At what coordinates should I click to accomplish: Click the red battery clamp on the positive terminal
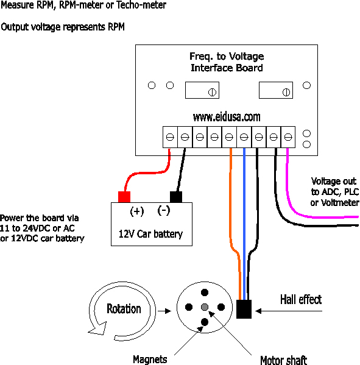click(x=124, y=197)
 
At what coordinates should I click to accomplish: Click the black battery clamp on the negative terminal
click(x=176, y=197)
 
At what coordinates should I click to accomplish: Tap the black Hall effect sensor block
click(x=244, y=309)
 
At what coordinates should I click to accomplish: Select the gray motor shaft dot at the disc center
click(x=205, y=307)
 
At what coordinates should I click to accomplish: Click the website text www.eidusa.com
click(x=227, y=117)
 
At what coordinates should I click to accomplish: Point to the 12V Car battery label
click(x=150, y=234)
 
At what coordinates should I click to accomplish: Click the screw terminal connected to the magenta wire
click(x=288, y=137)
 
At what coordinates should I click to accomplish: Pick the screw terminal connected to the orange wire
click(x=229, y=137)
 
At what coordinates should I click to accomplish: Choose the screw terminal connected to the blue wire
click(x=244, y=137)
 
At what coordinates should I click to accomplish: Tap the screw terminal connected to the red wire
click(x=170, y=137)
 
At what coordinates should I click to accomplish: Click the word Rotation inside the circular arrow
click(x=124, y=309)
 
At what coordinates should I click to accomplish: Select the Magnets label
click(x=150, y=360)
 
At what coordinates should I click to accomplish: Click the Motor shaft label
click(x=283, y=360)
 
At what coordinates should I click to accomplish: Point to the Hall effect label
click(x=301, y=299)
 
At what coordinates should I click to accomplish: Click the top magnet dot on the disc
click(x=205, y=292)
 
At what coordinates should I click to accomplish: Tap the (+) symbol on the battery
click(x=137, y=211)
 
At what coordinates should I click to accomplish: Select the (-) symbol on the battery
click(x=164, y=210)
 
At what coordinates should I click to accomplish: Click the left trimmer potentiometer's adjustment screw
click(x=212, y=92)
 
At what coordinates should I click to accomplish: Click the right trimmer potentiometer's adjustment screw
click(x=286, y=92)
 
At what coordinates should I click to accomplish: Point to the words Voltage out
click(x=334, y=181)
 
